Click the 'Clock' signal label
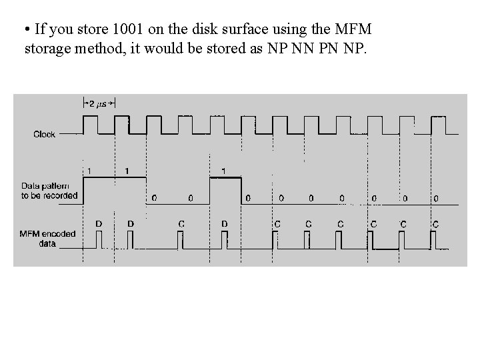(x=45, y=135)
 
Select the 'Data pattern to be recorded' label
(x=49, y=191)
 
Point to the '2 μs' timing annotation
(x=99, y=103)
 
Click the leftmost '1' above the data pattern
(x=89, y=171)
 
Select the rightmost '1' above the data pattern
(x=223, y=171)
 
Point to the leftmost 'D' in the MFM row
(x=98, y=224)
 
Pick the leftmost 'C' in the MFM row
(x=181, y=224)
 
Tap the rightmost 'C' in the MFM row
(x=435, y=224)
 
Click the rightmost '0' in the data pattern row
(x=436, y=198)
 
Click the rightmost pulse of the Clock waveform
(x=439, y=125)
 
